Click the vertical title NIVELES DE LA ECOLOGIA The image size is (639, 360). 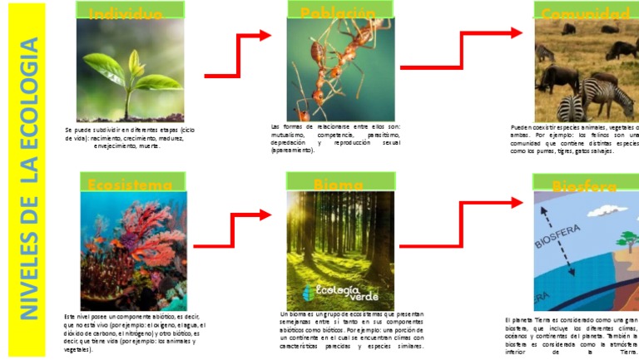point(30,179)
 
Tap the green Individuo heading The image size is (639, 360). point(125,12)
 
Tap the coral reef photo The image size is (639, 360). point(133,249)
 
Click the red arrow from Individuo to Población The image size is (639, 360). point(238,55)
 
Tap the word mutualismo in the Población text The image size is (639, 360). point(287,134)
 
